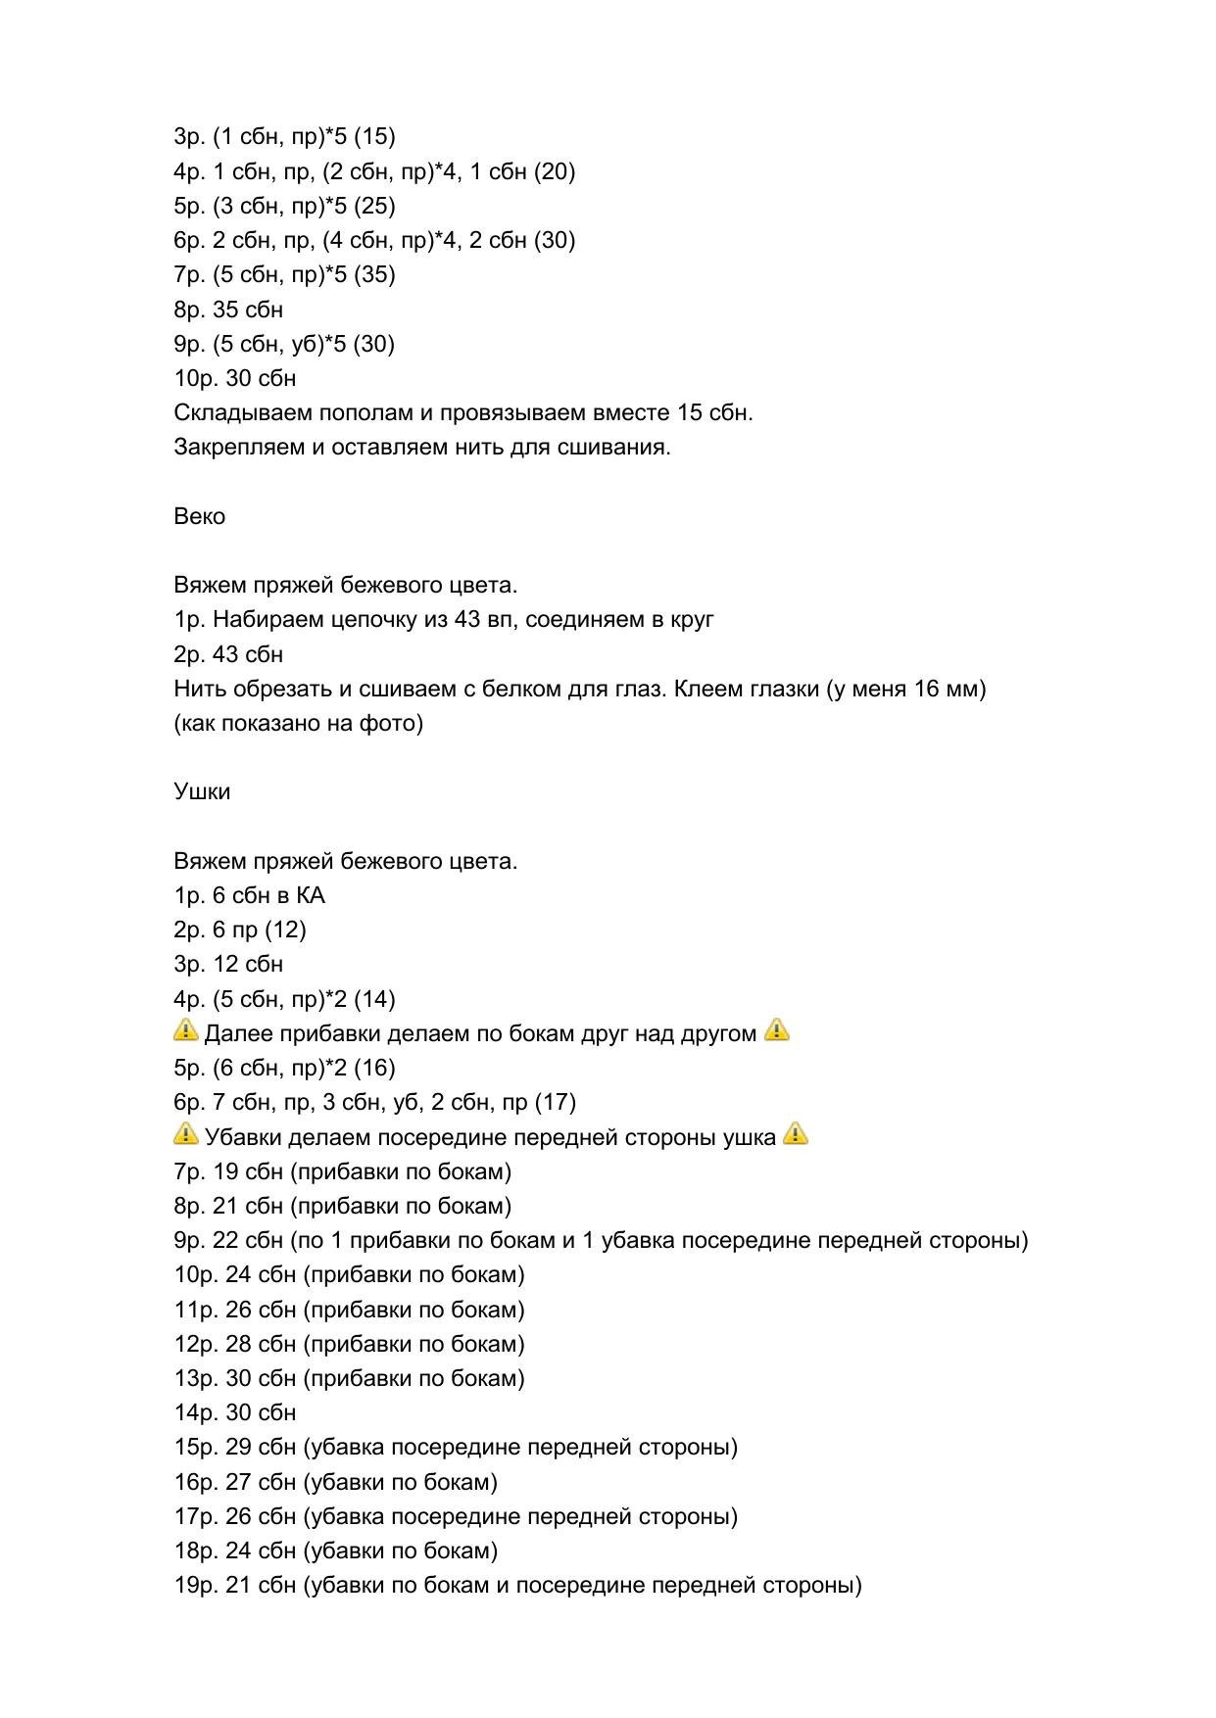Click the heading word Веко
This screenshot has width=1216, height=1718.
[x=199, y=516]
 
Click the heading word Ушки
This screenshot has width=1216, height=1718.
[x=202, y=791]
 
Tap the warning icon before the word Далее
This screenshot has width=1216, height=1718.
[x=185, y=1030]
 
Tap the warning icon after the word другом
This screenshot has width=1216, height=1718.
[x=776, y=1030]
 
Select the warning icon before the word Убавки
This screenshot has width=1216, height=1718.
[x=185, y=1134]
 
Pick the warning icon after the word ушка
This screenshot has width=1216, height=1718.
[x=796, y=1134]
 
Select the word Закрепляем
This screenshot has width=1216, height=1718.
[x=230, y=448]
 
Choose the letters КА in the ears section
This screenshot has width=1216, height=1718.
[x=310, y=895]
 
